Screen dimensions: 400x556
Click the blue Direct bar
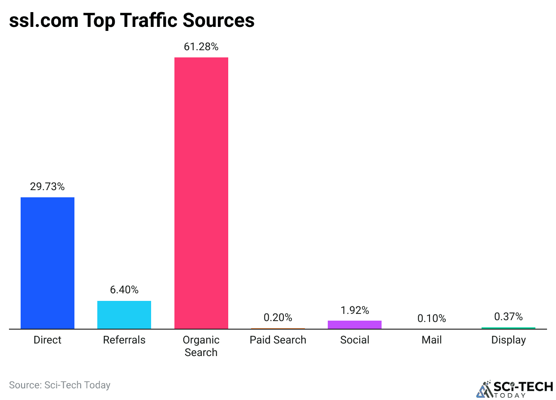click(48, 263)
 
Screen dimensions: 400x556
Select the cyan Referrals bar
click(124, 315)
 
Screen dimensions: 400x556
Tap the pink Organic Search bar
click(201, 193)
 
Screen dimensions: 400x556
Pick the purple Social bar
click(355, 325)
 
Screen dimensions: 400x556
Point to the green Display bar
click(508, 328)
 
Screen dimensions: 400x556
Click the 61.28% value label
click(201, 47)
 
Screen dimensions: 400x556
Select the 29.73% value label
click(48, 187)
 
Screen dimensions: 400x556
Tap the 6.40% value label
click(124, 290)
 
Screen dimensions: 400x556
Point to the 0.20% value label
click(278, 317)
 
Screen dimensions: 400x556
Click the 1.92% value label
click(355, 310)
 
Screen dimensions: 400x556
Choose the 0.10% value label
click(431, 318)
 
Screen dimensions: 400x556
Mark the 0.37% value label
click(508, 317)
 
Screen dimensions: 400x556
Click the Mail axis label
click(431, 340)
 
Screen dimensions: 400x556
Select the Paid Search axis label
click(278, 340)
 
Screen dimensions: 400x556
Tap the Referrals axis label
click(124, 340)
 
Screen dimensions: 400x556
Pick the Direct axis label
click(48, 340)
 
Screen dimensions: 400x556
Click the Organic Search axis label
click(201, 346)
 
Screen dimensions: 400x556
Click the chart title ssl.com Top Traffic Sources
click(132, 21)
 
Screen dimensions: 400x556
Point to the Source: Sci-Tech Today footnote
click(60, 385)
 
